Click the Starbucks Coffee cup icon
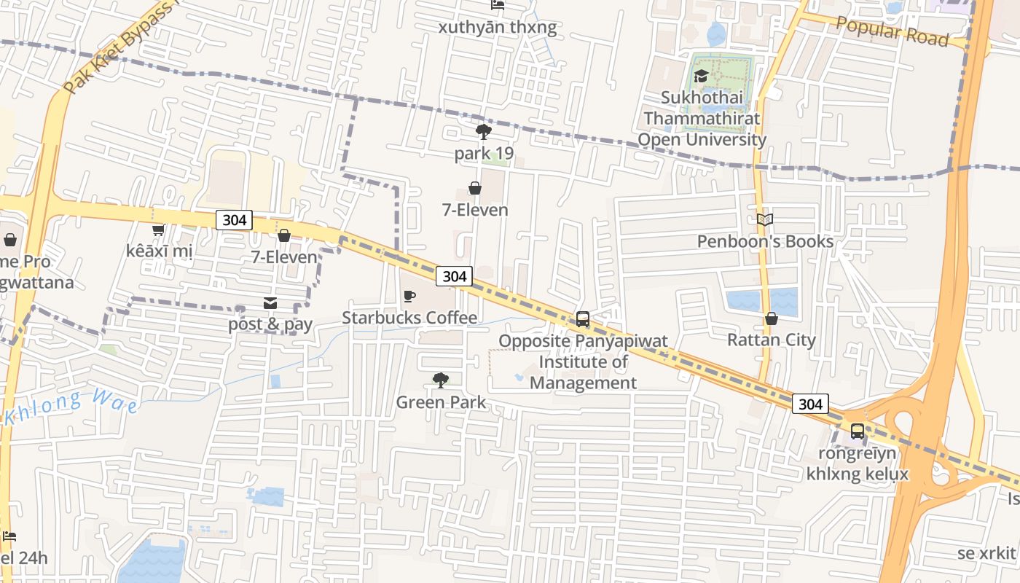(409, 296)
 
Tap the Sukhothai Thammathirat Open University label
(702, 119)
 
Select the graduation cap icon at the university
(701, 76)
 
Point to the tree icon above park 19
(483, 132)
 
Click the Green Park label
(441, 402)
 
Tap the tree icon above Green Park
(440, 380)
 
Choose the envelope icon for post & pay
(270, 302)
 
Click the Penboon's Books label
(765, 241)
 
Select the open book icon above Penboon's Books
(764, 219)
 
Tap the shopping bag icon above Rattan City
(771, 318)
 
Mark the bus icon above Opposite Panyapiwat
(583, 318)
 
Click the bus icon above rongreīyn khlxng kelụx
(858, 431)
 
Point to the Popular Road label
(892, 31)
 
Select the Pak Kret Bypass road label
(120, 47)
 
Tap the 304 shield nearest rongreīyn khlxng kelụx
(810, 404)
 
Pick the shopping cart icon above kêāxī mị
(158, 230)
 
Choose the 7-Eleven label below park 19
(475, 210)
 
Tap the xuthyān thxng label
(497, 28)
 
